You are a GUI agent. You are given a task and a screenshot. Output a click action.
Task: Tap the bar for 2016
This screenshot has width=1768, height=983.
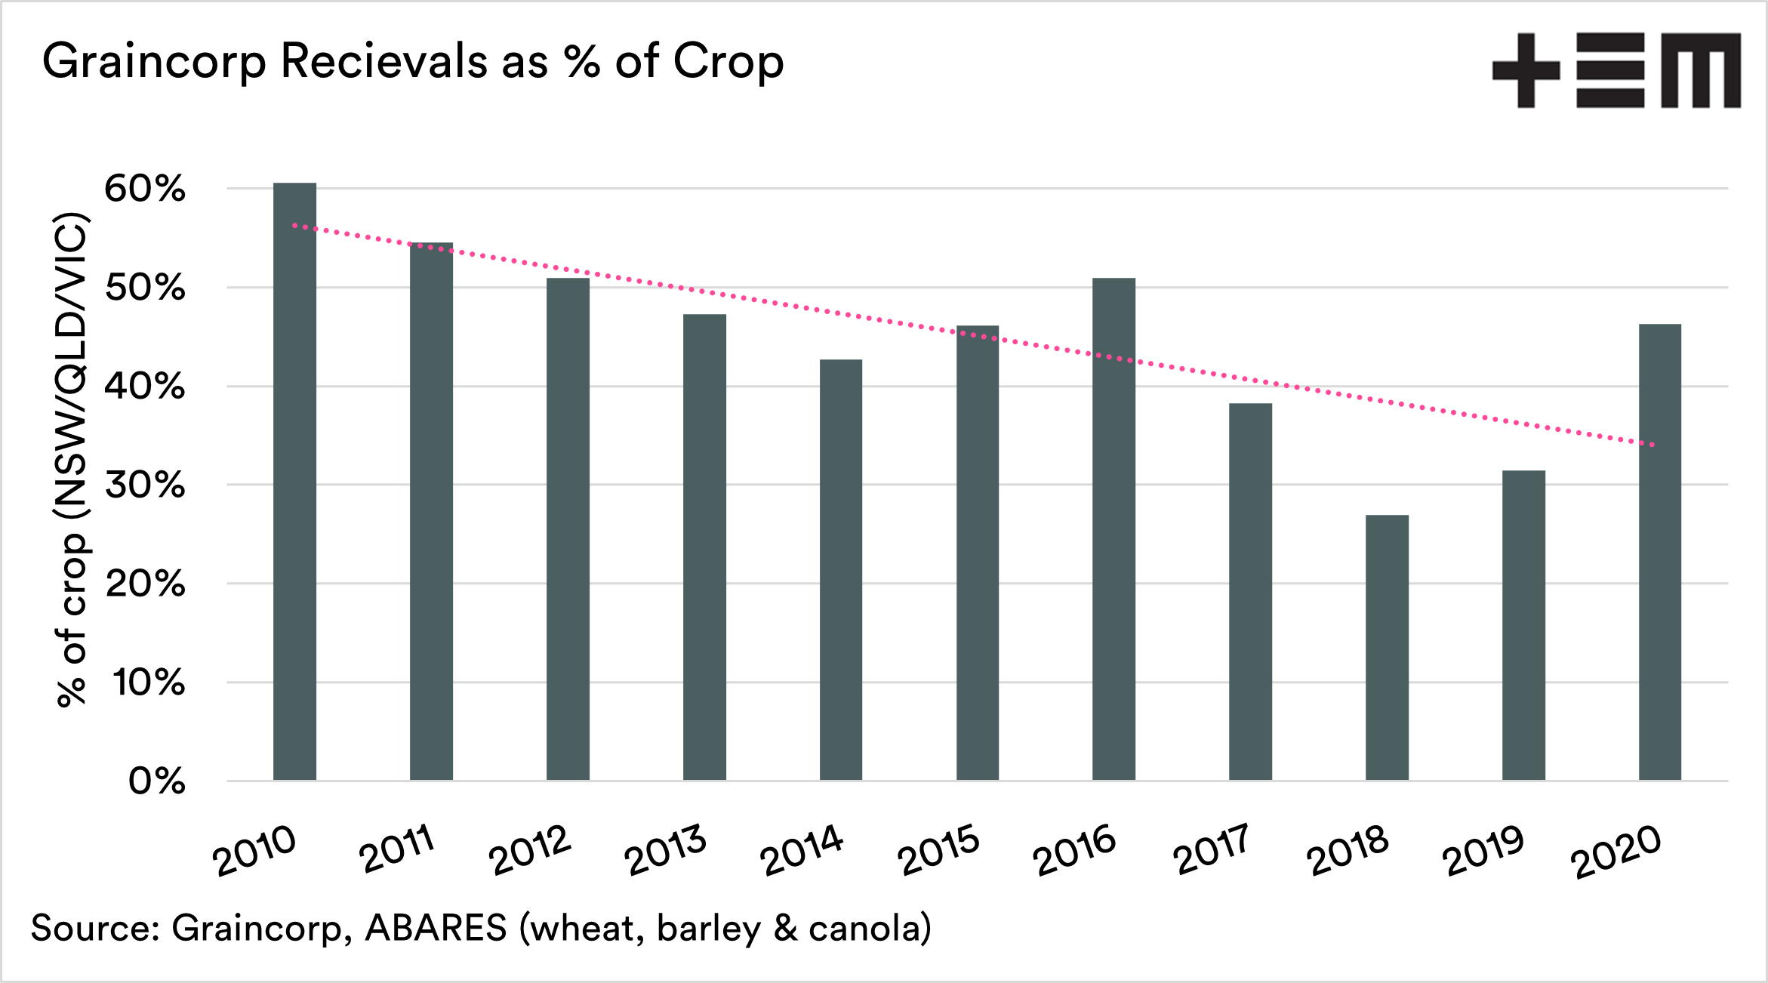point(1113,528)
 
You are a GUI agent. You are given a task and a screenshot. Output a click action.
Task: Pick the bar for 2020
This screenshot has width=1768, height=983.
point(1660,552)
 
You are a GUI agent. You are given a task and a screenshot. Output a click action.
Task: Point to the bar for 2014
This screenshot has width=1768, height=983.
point(841,570)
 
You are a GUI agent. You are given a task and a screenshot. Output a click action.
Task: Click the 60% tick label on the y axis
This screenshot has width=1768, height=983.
point(145,189)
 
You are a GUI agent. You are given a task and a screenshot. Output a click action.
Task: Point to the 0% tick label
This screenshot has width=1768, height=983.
point(157,781)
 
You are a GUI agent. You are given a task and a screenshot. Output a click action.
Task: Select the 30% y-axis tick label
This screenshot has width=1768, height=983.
point(145,485)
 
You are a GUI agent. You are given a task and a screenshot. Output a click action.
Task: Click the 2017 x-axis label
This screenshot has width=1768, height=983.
point(1212,850)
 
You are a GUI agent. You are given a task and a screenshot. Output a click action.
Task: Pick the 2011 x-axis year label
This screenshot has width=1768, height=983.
point(397,849)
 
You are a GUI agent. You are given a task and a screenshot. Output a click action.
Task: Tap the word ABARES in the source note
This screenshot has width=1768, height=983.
point(436,928)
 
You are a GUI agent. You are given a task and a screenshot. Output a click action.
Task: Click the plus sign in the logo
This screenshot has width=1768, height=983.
point(1526,70)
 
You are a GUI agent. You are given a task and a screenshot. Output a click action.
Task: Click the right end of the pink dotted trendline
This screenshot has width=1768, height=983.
point(1652,445)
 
